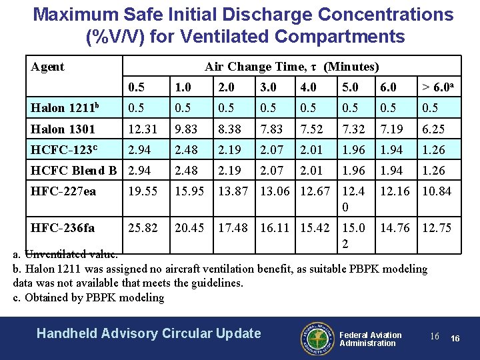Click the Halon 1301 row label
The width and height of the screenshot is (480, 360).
63,129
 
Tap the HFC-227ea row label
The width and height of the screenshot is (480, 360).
64,191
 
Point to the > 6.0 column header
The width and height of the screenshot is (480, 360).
436,87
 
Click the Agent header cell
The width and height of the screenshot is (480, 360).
48,67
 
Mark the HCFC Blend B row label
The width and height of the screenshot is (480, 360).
75,171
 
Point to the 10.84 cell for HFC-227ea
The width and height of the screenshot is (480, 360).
437,191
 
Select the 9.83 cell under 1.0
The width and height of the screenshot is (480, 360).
186,129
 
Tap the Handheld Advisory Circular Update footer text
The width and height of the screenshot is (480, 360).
149,333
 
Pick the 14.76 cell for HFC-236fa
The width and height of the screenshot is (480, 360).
394,228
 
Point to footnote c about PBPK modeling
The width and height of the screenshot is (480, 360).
89,297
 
